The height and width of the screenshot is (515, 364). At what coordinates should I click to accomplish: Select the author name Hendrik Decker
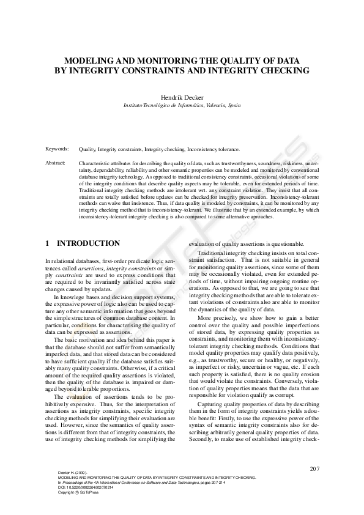pos(182,97)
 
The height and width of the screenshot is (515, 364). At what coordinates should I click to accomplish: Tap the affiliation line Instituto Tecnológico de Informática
pos(163,105)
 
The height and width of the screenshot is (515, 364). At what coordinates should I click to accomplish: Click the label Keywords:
pos(57,149)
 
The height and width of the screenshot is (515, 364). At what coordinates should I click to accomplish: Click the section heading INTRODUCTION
pos(88,243)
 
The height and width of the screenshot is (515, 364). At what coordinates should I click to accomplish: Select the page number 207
pos(314,469)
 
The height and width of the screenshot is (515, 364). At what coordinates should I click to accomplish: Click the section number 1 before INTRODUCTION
pos(48,243)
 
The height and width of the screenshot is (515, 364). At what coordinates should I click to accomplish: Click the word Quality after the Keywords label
pos(87,149)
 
